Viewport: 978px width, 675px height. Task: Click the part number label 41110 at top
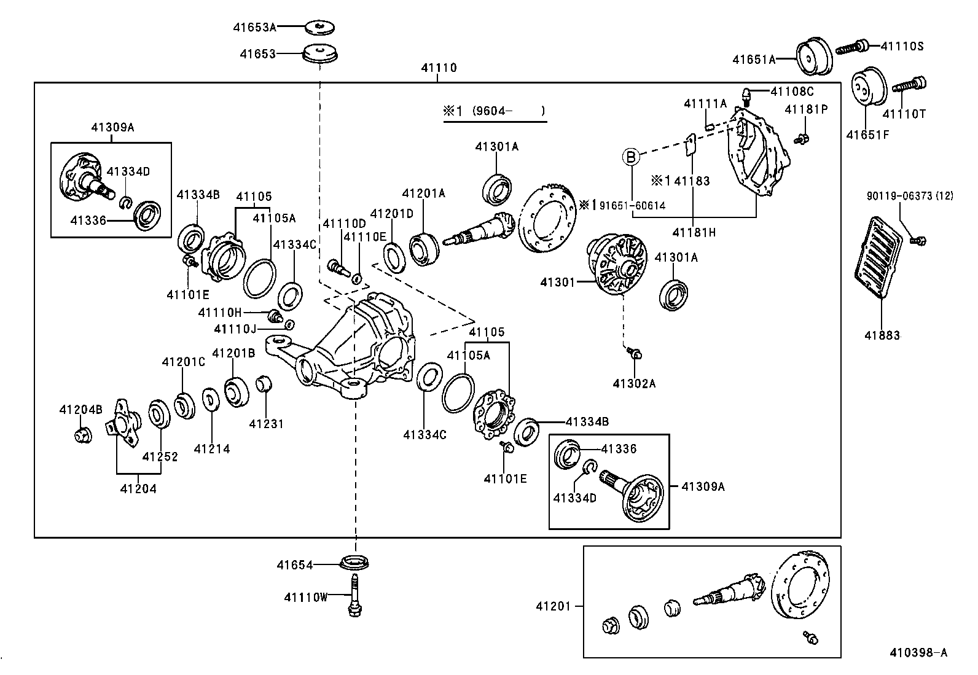pyautogui.click(x=439, y=68)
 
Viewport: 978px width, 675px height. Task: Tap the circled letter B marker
pyautogui.click(x=632, y=157)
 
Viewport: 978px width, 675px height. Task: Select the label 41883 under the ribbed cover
pyautogui.click(x=882, y=335)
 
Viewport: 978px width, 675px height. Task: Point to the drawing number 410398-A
pyautogui.click(x=918, y=652)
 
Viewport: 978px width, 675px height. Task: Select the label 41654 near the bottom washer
pyautogui.click(x=294, y=564)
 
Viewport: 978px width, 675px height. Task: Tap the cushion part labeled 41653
pyautogui.click(x=322, y=53)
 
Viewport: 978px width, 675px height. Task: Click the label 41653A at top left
pyautogui.click(x=254, y=27)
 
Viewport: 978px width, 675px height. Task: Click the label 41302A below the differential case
pyautogui.click(x=634, y=384)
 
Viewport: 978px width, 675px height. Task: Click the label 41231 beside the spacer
pyautogui.click(x=267, y=424)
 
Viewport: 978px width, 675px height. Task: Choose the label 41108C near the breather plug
pyautogui.click(x=792, y=92)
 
